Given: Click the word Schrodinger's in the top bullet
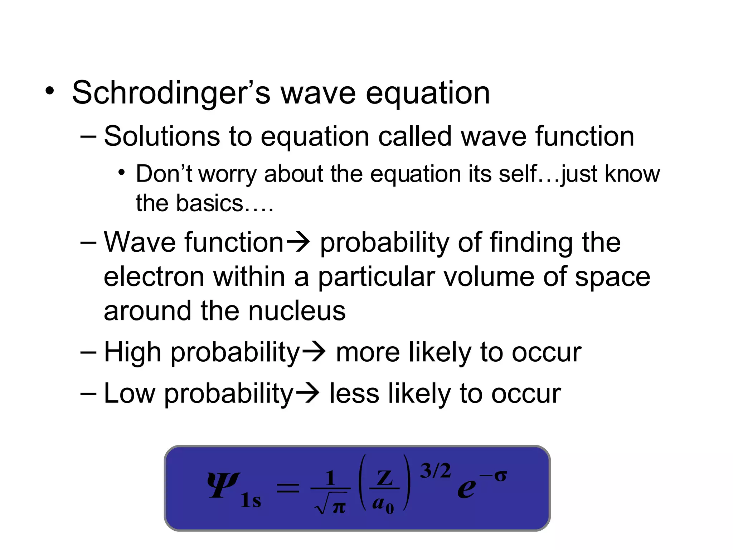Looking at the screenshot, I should tap(171, 93).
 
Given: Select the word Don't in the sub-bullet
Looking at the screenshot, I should tap(164, 174).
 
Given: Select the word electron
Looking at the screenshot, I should tap(154, 277).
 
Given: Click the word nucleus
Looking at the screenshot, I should tap(297, 310).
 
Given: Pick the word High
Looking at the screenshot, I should tap(132, 352).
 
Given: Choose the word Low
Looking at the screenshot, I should tap(130, 393).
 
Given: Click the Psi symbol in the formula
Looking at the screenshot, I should tap(223, 485).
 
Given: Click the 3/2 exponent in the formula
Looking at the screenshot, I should tap(435, 471).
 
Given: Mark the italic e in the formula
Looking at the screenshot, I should tap(467, 488).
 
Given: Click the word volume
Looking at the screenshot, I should tap(489, 277).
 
